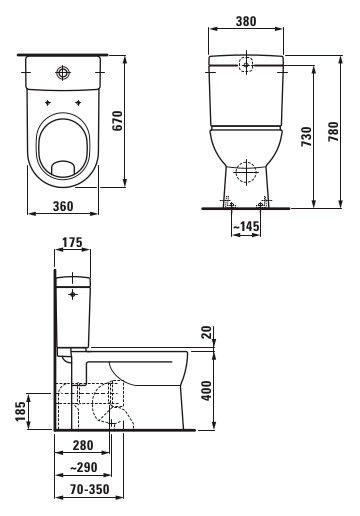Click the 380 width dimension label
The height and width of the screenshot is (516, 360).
246,21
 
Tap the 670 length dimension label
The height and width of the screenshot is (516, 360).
117,121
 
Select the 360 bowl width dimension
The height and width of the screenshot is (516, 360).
63,206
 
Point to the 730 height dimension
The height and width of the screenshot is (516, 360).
306,136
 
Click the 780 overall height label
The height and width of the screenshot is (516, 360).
333,132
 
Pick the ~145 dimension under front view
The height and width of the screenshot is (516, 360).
246,227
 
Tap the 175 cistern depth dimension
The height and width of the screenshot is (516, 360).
72,242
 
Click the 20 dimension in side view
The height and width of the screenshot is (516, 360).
207,332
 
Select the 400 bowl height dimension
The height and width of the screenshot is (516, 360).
207,390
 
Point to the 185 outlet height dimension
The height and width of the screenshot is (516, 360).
20,411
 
